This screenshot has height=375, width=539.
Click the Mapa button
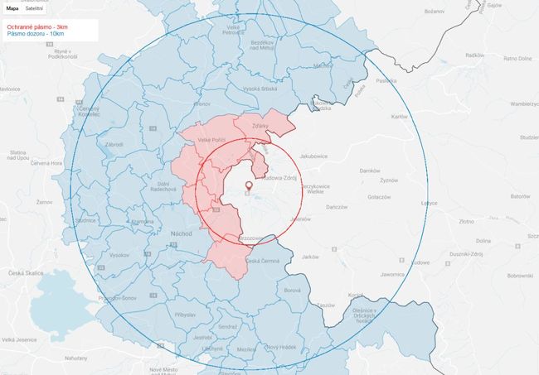tap(12, 8)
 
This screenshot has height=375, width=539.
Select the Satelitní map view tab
tap(34, 8)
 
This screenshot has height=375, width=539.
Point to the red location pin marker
tap(248, 186)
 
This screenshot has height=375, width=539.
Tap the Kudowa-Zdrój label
tap(279, 177)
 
